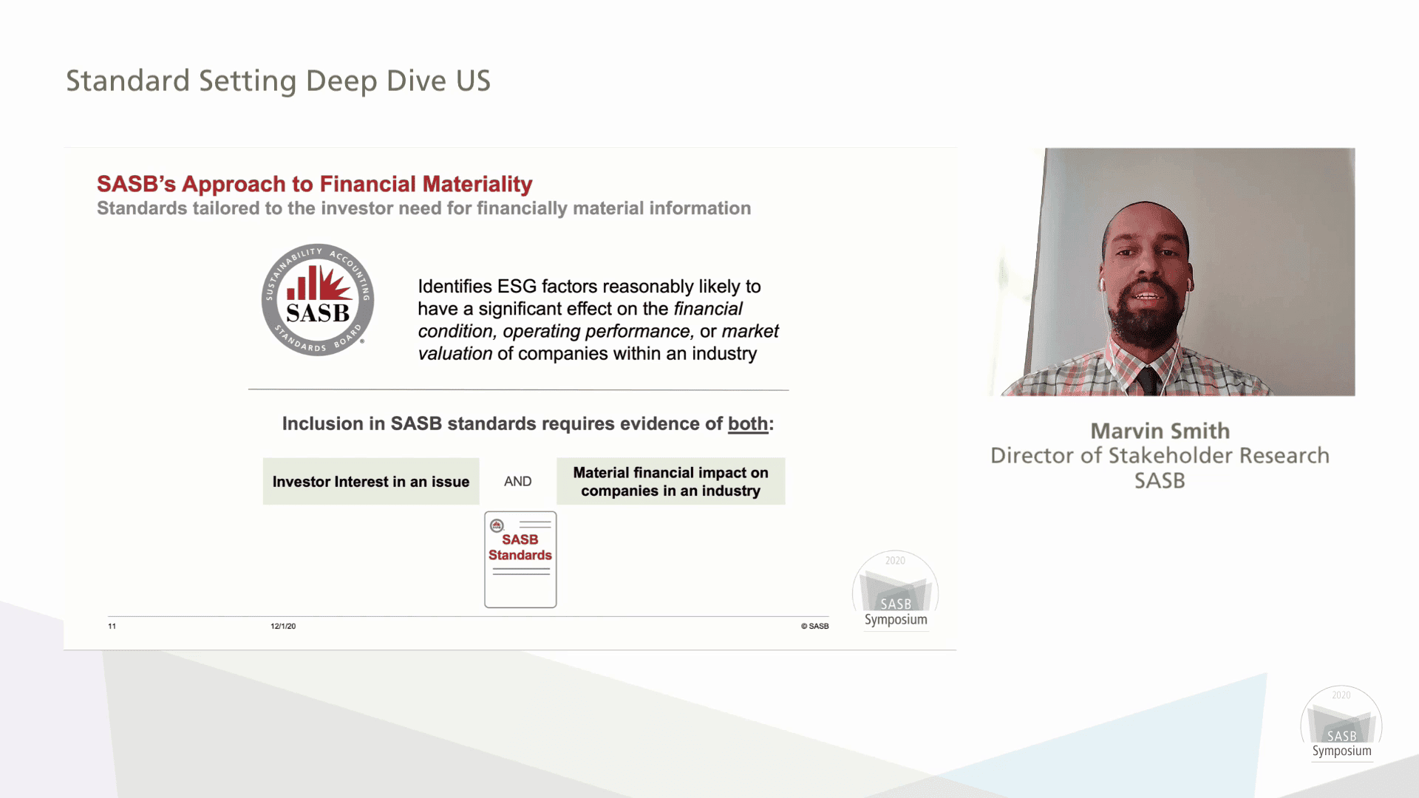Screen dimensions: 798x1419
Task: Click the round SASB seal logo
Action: pyautogui.click(x=318, y=300)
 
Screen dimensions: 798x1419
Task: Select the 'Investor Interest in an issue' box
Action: pyautogui.click(x=371, y=482)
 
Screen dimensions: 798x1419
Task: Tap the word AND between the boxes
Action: pyautogui.click(x=517, y=482)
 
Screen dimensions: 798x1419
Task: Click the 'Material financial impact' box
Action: pyautogui.click(x=670, y=482)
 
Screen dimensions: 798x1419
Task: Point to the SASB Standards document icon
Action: pyautogui.click(x=520, y=559)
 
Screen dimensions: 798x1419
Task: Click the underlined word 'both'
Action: pyautogui.click(x=748, y=424)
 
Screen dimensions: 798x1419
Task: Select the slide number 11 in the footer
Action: pyautogui.click(x=112, y=626)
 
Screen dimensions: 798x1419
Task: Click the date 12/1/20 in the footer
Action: pyautogui.click(x=283, y=626)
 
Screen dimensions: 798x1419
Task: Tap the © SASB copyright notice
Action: pyautogui.click(x=814, y=626)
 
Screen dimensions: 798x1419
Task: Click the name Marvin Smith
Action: pyautogui.click(x=1160, y=431)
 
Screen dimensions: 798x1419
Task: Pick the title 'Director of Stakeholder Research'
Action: pyautogui.click(x=1160, y=455)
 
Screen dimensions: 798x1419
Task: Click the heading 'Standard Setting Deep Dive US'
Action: pyautogui.click(x=278, y=81)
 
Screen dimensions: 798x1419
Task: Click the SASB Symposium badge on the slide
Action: pyautogui.click(x=896, y=591)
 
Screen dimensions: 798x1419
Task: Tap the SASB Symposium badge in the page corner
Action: pyautogui.click(x=1341, y=724)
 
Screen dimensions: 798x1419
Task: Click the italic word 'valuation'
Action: pyautogui.click(x=455, y=354)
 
